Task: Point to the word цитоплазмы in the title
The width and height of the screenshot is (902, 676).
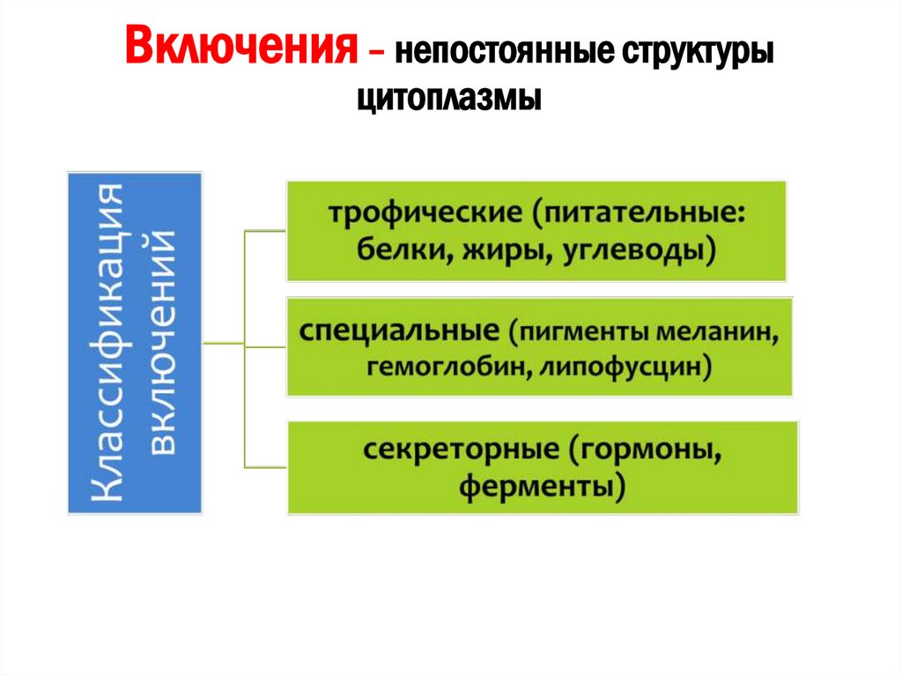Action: [x=449, y=96]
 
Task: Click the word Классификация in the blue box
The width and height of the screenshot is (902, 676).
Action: [x=113, y=343]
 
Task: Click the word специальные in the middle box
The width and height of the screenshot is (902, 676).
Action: [x=400, y=332]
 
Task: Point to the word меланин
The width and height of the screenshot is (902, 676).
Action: [x=721, y=333]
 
